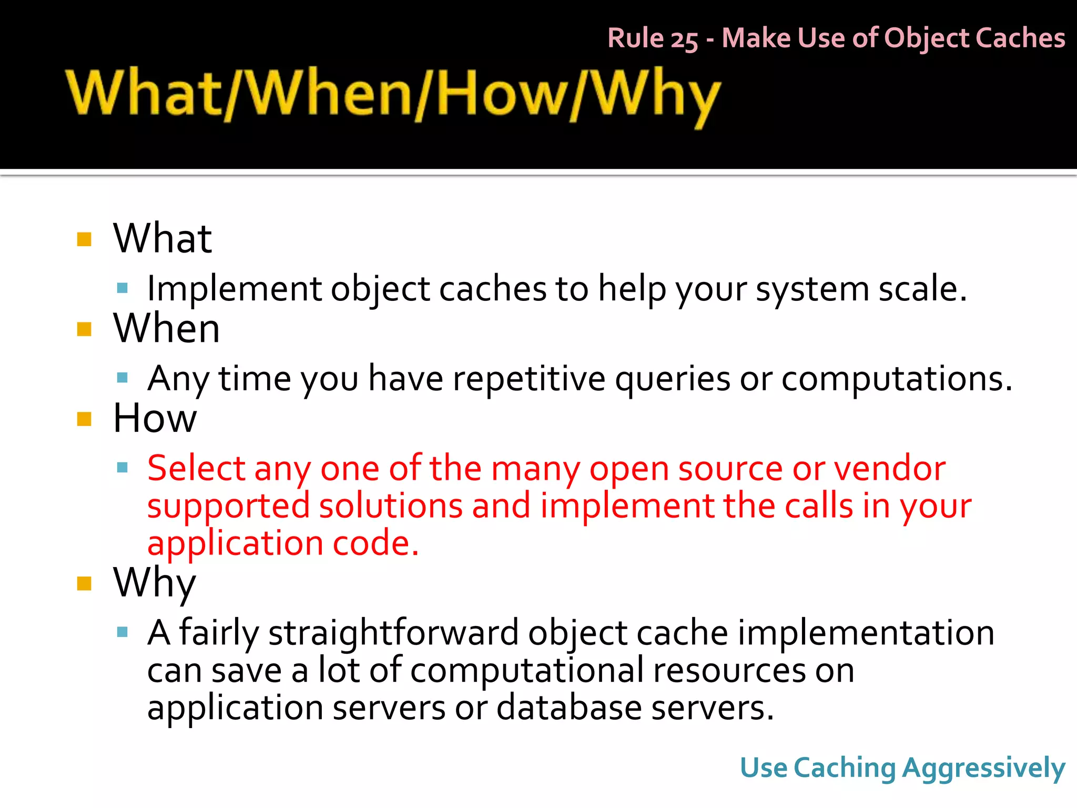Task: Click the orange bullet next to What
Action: point(84,239)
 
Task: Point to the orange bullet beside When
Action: point(84,329)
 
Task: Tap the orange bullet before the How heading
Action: point(84,419)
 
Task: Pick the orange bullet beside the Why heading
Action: point(84,583)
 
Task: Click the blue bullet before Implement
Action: point(123,288)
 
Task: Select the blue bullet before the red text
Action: point(123,467)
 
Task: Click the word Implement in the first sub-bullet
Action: point(234,289)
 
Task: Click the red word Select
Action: point(196,468)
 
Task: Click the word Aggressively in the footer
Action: point(983,768)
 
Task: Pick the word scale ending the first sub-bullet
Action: point(918,289)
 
